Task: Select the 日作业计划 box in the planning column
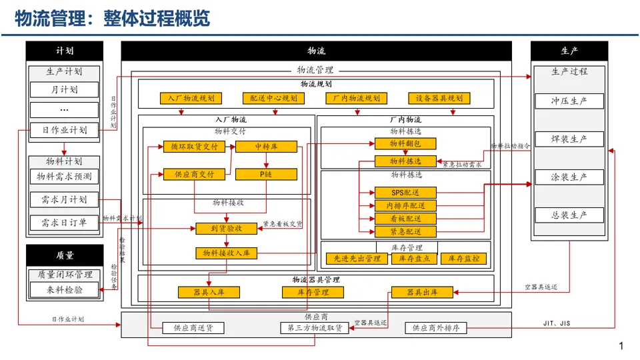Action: click(64, 130)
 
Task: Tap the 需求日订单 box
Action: click(64, 223)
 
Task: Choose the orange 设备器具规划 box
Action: click(439, 99)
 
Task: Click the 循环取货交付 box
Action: click(194, 147)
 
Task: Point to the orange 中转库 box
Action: click(266, 147)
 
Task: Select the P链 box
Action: click(266, 175)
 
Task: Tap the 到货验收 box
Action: click(227, 229)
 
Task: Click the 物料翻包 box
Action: click(405, 143)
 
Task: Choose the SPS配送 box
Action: click(405, 193)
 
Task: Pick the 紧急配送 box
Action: click(405, 232)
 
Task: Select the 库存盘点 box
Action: click(415, 259)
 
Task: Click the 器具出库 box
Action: click(422, 292)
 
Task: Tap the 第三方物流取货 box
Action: click(314, 328)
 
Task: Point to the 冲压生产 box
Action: click(569, 101)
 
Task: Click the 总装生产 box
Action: click(569, 215)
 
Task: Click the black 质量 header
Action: click(65, 255)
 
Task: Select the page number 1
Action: click(621, 346)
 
